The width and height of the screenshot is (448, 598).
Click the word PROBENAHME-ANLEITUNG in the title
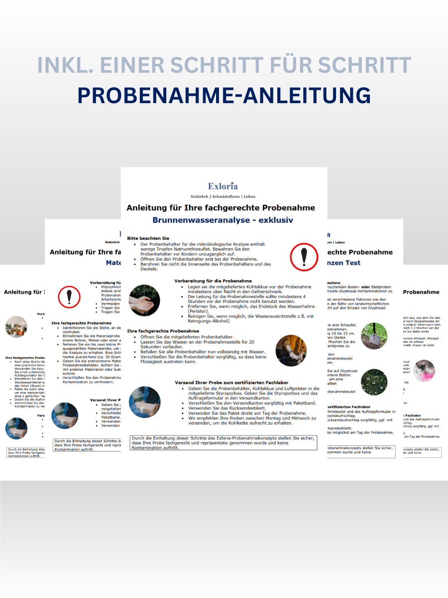click(x=224, y=95)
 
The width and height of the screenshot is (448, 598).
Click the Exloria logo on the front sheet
click(x=223, y=186)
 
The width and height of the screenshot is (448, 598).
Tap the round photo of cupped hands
click(x=144, y=300)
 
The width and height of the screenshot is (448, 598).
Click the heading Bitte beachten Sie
click(x=148, y=239)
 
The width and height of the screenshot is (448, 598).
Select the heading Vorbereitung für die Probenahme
click(x=213, y=281)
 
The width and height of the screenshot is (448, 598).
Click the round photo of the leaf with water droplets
click(x=374, y=381)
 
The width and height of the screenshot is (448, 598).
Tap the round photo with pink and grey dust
click(x=424, y=371)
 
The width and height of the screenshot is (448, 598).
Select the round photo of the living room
click(x=16, y=327)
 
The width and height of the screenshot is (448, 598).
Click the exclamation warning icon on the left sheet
click(x=69, y=296)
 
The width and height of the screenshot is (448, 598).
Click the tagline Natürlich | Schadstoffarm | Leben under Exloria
click(x=223, y=196)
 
